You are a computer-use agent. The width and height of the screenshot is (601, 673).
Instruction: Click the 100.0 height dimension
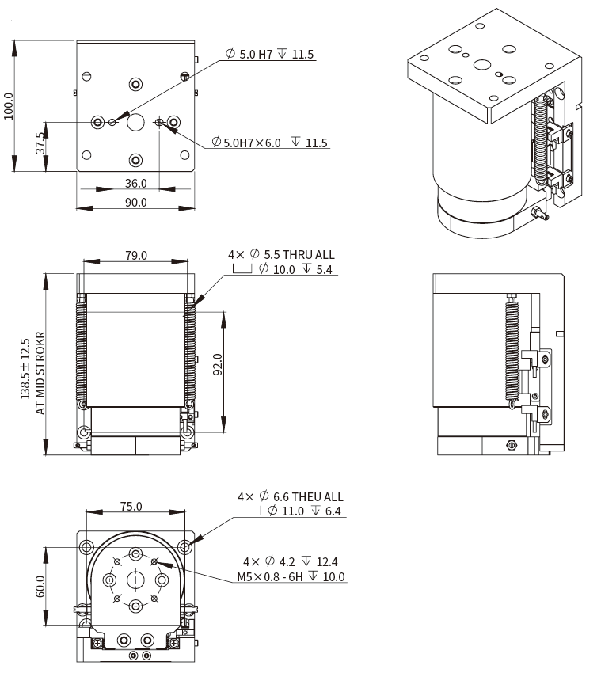pyautogui.click(x=9, y=105)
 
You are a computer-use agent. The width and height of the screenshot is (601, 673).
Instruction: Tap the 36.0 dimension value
pyautogui.click(x=136, y=183)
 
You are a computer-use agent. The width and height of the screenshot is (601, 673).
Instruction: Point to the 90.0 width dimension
pyautogui.click(x=136, y=203)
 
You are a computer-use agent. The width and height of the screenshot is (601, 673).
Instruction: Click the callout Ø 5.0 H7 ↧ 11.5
pyautogui.click(x=269, y=55)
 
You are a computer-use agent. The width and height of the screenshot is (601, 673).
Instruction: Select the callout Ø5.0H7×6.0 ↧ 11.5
pyautogui.click(x=269, y=143)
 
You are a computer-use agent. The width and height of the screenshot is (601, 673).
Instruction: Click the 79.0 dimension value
pyautogui.click(x=136, y=255)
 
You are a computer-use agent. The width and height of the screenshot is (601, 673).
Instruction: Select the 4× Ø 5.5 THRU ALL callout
pyautogui.click(x=281, y=255)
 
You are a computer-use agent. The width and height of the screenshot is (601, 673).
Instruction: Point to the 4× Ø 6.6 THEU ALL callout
pyautogui.click(x=291, y=496)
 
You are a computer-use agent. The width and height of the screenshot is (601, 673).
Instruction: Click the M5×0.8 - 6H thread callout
pyautogui.click(x=291, y=576)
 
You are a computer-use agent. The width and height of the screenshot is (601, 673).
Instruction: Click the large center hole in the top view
pyautogui.click(x=135, y=122)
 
